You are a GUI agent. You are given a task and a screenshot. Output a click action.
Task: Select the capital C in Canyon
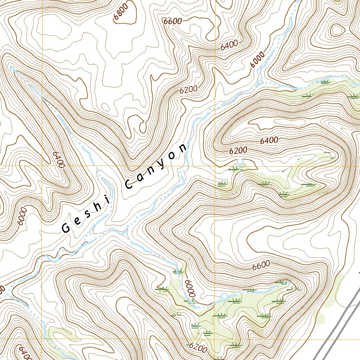[x=129, y=184]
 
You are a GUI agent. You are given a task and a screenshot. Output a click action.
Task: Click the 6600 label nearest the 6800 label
[x=173, y=21]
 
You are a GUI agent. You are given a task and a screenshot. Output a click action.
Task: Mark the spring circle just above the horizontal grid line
[x=240, y=162]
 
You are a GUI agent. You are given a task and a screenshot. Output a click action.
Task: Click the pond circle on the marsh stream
[x=224, y=296]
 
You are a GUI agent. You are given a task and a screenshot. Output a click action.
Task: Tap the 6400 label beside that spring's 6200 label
[x=269, y=141]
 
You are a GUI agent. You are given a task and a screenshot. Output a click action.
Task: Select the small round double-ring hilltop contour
[x=336, y=30]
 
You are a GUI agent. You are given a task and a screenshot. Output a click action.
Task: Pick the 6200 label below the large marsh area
[x=198, y=347]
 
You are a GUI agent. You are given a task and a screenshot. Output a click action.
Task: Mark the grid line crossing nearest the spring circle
[x=215, y=166]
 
